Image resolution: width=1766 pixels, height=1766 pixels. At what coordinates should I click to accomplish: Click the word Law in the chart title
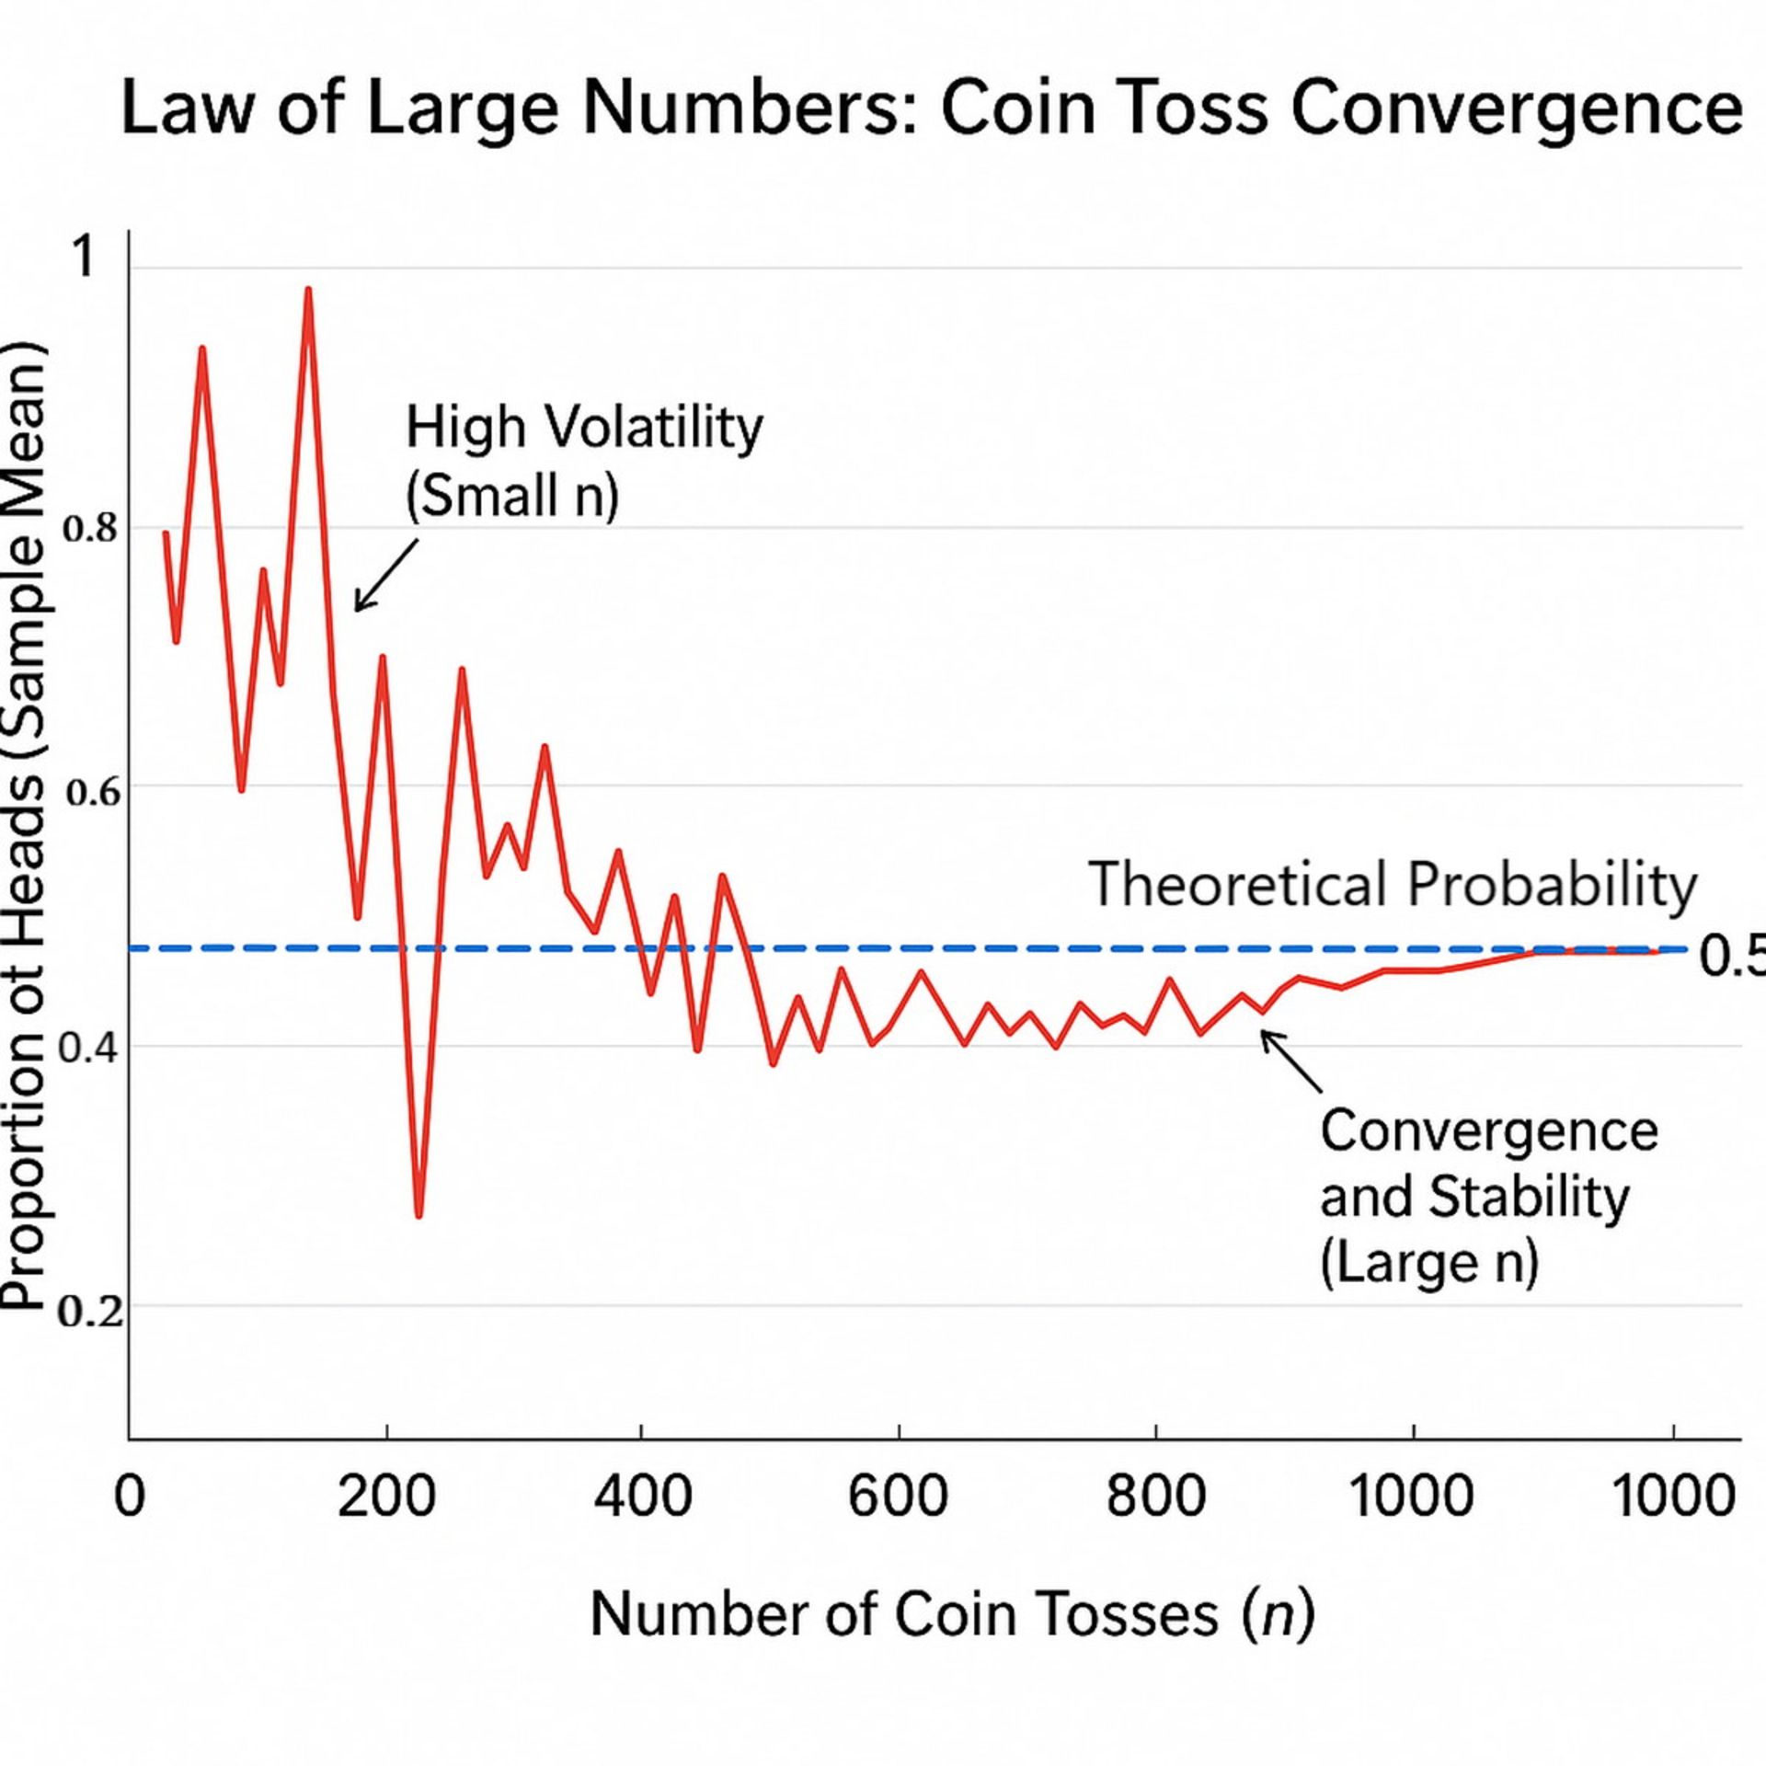185,109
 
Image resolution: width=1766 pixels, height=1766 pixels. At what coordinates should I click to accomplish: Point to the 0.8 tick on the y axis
90,530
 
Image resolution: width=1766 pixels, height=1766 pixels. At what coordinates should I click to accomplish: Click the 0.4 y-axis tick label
88,1049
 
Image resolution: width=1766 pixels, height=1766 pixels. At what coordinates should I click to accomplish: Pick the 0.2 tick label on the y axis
89,1311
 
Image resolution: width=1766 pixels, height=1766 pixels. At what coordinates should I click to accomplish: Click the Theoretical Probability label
1393,885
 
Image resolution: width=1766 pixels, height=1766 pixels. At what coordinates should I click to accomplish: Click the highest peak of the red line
308,290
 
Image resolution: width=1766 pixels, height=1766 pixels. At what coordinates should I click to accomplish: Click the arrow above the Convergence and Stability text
1290,1061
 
